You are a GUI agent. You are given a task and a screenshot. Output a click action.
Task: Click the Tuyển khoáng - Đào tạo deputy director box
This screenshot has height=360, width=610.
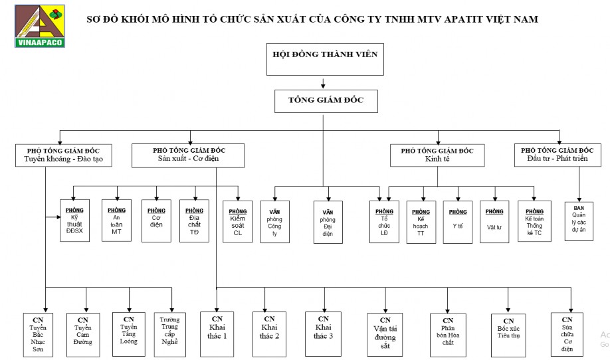coord(63,155)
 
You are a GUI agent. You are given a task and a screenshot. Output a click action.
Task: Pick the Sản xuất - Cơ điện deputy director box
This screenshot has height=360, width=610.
coord(188,155)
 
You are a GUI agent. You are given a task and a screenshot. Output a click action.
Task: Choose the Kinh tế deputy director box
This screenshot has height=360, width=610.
coord(437,155)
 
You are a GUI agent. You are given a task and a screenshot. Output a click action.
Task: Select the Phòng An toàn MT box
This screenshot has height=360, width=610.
coord(117,220)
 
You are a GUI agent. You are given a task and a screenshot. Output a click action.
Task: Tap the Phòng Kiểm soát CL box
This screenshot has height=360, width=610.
coord(238,221)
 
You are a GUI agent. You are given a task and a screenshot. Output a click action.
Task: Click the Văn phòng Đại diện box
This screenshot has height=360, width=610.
coord(328,221)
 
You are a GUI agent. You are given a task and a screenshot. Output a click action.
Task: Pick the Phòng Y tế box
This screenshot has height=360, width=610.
coord(457,220)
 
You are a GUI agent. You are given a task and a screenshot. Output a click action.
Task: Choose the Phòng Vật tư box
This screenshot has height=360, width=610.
coord(494,220)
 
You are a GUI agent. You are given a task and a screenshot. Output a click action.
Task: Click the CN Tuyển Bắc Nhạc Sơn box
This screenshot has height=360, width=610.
coord(38,333)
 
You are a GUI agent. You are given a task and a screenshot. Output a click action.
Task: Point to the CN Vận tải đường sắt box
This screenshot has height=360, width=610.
coord(385,333)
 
